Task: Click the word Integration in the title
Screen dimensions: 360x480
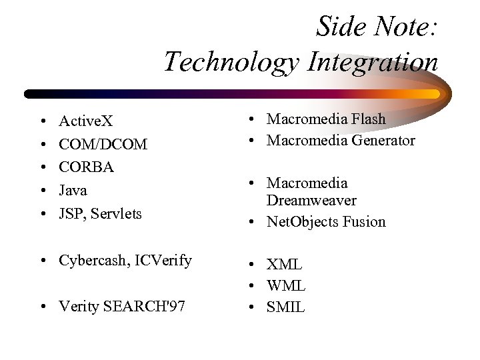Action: tap(373, 63)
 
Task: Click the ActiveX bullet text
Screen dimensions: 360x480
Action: tap(86, 121)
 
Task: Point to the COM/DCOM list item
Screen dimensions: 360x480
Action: tap(103, 144)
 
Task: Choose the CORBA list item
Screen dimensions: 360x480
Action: tap(87, 167)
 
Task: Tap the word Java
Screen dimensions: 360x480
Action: tap(73, 191)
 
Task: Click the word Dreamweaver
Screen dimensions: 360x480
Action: tap(311, 201)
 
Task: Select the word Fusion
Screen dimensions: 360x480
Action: tap(364, 222)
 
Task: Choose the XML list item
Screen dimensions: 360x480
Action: tap(285, 265)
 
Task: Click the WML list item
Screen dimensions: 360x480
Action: tap(286, 286)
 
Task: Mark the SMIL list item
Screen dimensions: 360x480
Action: tap(285, 307)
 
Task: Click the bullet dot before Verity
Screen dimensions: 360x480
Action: tap(42, 307)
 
